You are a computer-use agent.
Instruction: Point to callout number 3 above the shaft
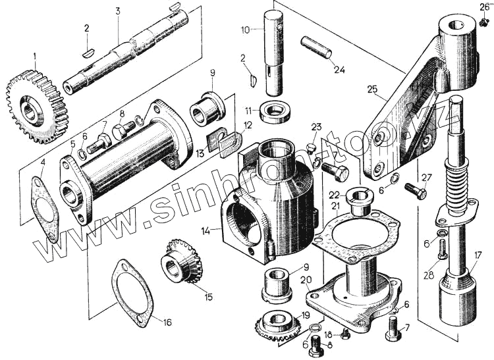117,11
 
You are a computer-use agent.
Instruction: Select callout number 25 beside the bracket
372,90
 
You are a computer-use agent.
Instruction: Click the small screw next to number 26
484,22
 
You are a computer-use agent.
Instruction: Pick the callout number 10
245,30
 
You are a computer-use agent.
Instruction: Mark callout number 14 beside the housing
206,230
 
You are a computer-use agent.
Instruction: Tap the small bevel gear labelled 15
181,262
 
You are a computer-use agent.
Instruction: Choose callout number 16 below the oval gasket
167,322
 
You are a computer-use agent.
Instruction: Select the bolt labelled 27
415,191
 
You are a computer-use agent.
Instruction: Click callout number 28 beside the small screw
427,275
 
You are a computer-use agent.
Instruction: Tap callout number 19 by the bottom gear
305,314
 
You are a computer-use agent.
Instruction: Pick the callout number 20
306,279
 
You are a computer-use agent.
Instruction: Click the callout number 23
316,127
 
